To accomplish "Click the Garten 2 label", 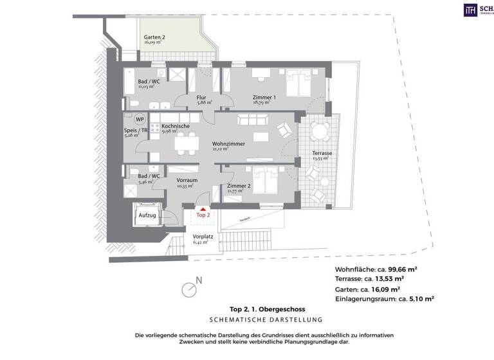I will click(x=154, y=37).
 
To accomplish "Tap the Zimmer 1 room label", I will click(x=264, y=98).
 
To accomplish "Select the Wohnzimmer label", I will click(x=229, y=144).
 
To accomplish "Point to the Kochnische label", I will click(x=176, y=127).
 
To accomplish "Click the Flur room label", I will click(x=201, y=98).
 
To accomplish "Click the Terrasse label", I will click(x=322, y=154).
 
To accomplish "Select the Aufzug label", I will click(x=147, y=216).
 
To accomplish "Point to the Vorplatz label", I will click(x=202, y=237).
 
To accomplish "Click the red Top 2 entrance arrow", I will click(x=203, y=209).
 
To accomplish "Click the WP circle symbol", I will click(x=139, y=120).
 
